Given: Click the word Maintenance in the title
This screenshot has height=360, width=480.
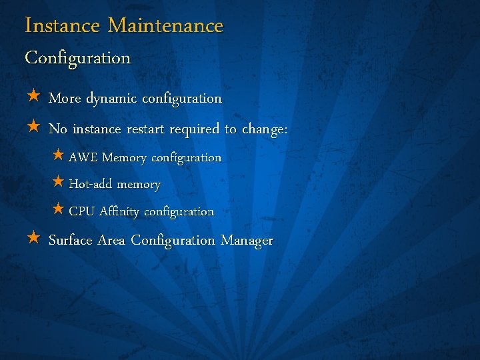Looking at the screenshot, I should click(x=165, y=26).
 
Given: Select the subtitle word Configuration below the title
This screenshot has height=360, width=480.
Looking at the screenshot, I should click(x=77, y=58).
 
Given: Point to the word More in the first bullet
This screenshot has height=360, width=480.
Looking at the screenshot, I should click(x=65, y=98).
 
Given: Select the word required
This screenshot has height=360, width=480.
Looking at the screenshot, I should click(x=195, y=129).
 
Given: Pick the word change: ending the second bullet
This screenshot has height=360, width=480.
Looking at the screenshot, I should click(x=265, y=129).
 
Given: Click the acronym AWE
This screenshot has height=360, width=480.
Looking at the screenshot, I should click(x=83, y=157).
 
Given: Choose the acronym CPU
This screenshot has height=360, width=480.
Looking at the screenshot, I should click(x=82, y=211).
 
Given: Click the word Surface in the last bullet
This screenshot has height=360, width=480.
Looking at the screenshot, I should click(x=70, y=240).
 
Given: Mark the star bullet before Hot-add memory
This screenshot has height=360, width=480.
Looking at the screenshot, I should click(x=58, y=182).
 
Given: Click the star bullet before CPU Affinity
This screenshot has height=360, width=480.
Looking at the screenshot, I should click(x=58, y=209).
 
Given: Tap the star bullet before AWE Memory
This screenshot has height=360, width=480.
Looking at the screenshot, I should click(x=58, y=155).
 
